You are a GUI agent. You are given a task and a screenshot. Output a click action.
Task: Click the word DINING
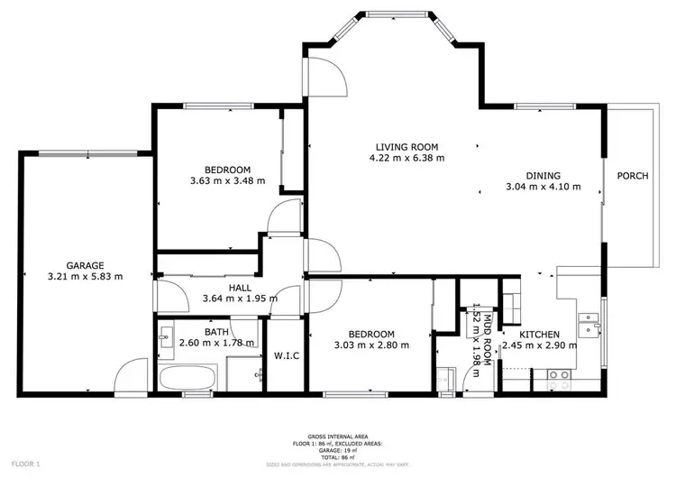coord(544,176)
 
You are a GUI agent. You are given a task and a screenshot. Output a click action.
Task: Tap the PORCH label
coord(632,176)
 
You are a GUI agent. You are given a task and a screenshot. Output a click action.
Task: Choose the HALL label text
coord(239,287)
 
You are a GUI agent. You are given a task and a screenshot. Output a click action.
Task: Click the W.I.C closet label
coord(286,354)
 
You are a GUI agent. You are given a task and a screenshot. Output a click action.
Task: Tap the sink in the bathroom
coord(166,339)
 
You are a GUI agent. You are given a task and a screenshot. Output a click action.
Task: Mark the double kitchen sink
coord(591,323)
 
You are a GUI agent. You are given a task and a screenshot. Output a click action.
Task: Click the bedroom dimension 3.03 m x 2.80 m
coord(371,345)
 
